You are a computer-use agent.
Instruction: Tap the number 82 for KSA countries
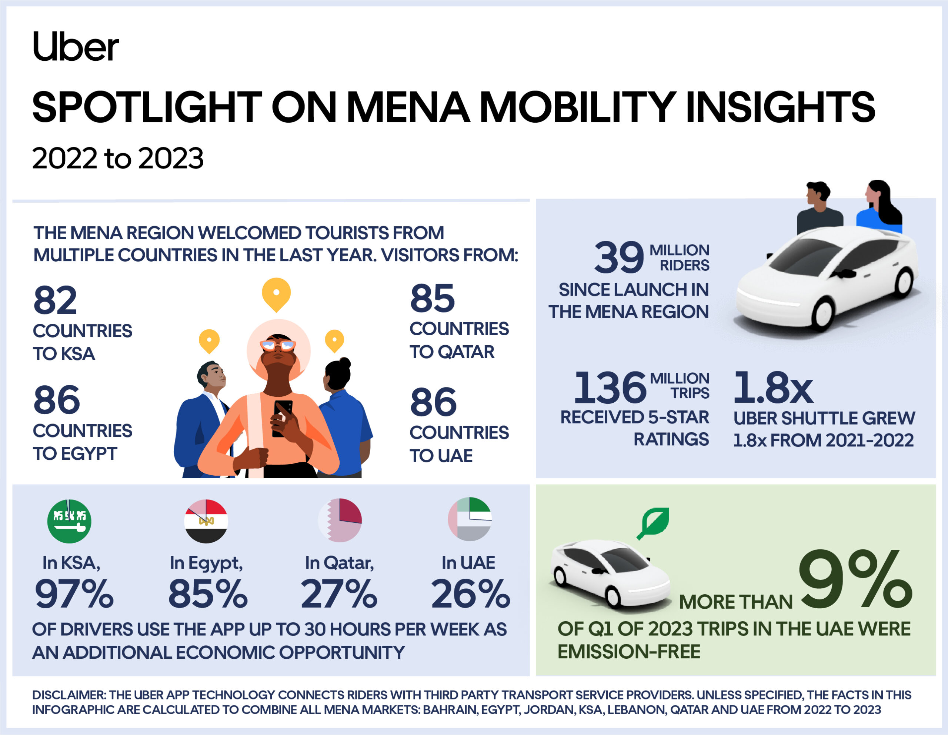[x=55, y=300]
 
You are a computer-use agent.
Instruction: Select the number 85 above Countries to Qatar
[x=432, y=298]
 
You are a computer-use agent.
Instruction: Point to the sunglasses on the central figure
[x=278, y=346]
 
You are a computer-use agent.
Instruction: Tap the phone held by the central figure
[x=283, y=417]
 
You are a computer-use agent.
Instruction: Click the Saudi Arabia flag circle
[x=69, y=521]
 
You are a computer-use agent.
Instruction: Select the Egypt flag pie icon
[x=206, y=521]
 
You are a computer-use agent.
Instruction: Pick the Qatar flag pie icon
[x=340, y=520]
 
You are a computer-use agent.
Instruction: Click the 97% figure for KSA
[x=74, y=594]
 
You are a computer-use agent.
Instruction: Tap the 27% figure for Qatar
[x=339, y=594]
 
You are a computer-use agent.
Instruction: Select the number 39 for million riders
[x=619, y=257]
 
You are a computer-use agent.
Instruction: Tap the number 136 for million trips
[x=610, y=387]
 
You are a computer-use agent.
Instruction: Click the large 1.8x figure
[x=772, y=387]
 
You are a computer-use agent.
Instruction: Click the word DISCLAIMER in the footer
[x=69, y=695]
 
